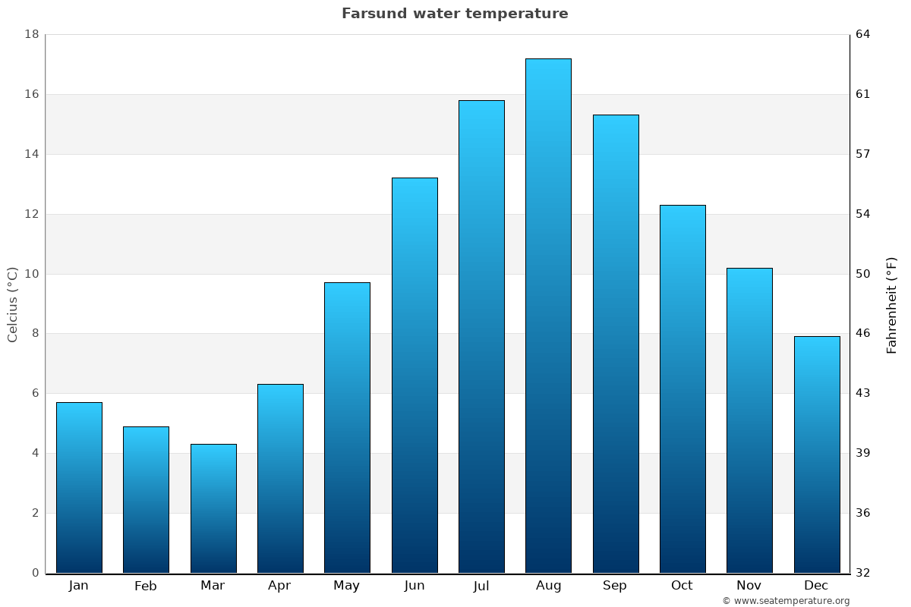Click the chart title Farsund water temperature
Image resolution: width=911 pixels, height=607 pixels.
pyautogui.click(x=455, y=14)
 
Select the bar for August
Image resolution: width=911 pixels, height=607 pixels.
pyautogui.click(x=548, y=316)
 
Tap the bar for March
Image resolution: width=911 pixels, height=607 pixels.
pyautogui.click(x=213, y=508)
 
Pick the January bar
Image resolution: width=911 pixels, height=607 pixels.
pyautogui.click(x=79, y=487)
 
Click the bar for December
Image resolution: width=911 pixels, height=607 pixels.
pyautogui.click(x=817, y=454)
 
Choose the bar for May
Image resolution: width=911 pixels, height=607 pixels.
pyautogui.click(x=347, y=427)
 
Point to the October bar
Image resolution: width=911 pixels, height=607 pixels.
pyautogui.click(x=682, y=388)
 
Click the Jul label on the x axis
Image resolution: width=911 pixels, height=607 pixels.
pyautogui.click(x=481, y=586)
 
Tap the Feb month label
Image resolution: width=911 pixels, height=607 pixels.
pyautogui.click(x=146, y=586)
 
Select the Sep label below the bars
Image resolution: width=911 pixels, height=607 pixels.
pyautogui.click(x=615, y=586)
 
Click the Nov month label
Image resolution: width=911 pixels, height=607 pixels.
pyautogui.click(x=749, y=586)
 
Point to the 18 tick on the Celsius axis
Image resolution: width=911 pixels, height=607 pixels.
pyautogui.click(x=32, y=34)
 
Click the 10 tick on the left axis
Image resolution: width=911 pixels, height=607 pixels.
pyautogui.click(x=32, y=274)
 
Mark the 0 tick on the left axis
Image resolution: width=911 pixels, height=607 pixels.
pyautogui.click(x=35, y=573)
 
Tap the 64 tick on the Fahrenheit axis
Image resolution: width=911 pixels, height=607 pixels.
pyautogui.click(x=863, y=34)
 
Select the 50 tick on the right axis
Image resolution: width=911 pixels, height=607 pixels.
pyautogui.click(x=863, y=274)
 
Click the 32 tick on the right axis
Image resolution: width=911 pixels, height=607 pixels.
pyautogui.click(x=863, y=573)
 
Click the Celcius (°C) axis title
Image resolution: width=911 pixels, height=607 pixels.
pyautogui.click(x=12, y=304)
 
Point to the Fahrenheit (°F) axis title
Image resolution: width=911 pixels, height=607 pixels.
pyautogui.click(x=892, y=305)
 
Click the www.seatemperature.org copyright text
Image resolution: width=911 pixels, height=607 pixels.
pyautogui.click(x=786, y=601)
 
